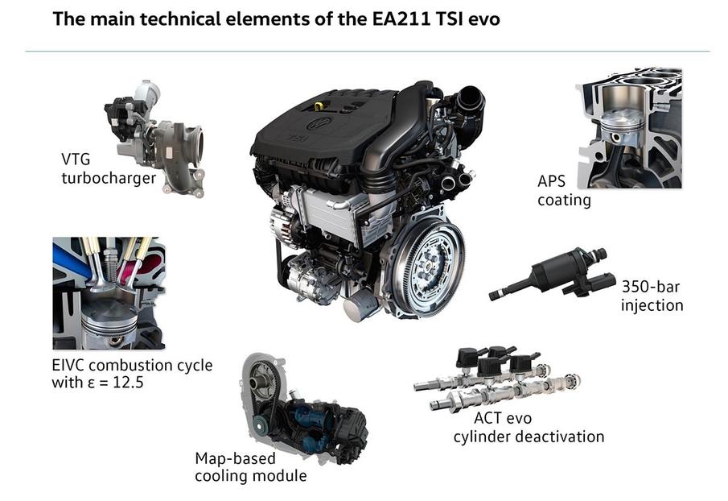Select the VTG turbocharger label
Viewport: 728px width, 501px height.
pos(108,168)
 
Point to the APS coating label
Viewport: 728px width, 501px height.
pos(564,191)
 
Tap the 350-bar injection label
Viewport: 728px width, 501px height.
pos(652,296)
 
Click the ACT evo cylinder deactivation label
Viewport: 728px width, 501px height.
pos(528,428)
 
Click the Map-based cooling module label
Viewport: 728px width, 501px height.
pos(250,467)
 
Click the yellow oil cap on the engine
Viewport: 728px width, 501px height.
pos(319,106)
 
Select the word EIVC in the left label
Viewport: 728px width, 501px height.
pos(68,365)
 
